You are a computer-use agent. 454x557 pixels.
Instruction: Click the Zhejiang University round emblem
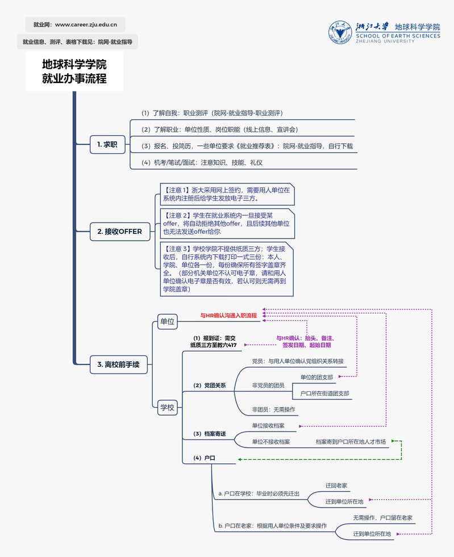click(340, 32)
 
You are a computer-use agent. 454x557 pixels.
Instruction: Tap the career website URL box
click(75, 24)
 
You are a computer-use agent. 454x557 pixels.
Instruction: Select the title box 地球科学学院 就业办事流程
click(74, 72)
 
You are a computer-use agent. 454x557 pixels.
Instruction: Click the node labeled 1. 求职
click(107, 145)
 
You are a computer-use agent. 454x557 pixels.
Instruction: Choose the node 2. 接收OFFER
click(120, 232)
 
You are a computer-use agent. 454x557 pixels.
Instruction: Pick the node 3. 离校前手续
click(118, 365)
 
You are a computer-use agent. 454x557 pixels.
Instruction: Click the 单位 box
click(167, 321)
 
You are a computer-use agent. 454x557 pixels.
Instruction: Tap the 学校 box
click(167, 408)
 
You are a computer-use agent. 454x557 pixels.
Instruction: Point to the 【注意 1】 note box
click(227, 194)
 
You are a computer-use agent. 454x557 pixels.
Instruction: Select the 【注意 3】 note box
click(227, 269)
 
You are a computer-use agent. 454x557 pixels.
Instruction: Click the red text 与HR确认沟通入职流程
click(228, 316)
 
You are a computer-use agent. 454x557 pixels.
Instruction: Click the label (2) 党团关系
click(210, 386)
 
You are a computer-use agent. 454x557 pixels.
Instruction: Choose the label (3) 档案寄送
click(210, 434)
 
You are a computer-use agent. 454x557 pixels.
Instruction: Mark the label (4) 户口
click(204, 458)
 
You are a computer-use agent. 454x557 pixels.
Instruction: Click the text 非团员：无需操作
click(273, 409)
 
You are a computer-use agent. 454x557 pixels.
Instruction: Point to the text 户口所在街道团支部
click(324, 393)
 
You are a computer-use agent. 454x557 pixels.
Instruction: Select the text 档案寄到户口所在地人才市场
click(351, 442)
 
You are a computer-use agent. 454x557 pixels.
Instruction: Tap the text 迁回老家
click(336, 485)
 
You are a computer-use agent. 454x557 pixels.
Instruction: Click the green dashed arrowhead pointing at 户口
click(240, 459)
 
